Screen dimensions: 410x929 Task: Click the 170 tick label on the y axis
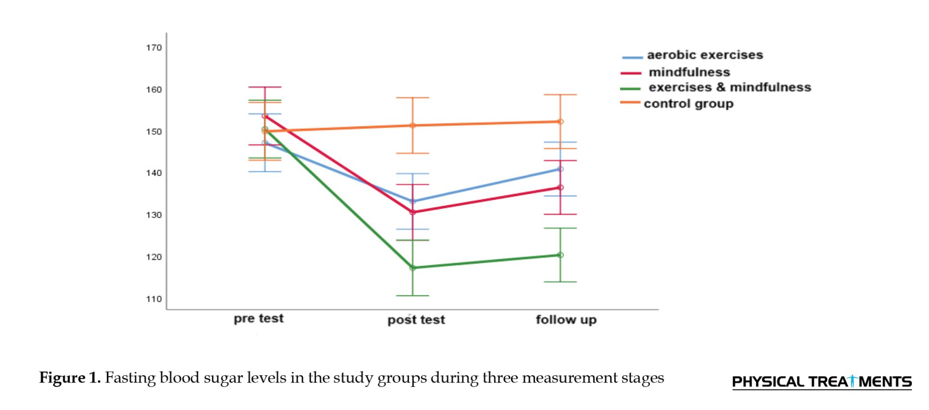154,48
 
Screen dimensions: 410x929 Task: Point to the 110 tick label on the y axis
154,299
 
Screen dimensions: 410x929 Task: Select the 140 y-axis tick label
154,173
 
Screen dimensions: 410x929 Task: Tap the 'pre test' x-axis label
258,319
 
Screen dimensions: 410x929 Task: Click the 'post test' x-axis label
416,320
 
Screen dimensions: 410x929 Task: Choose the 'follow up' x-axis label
566,320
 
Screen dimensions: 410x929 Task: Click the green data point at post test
412,268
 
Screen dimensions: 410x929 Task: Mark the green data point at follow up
560,255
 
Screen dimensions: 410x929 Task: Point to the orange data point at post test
412,126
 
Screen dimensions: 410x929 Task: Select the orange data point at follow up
560,122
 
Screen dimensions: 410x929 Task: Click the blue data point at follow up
560,169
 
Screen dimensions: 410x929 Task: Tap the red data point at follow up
560,188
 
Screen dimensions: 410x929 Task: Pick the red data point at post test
412,212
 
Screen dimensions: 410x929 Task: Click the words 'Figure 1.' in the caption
70,377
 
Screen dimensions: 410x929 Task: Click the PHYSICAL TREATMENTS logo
822,382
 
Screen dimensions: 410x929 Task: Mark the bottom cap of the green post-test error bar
412,296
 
